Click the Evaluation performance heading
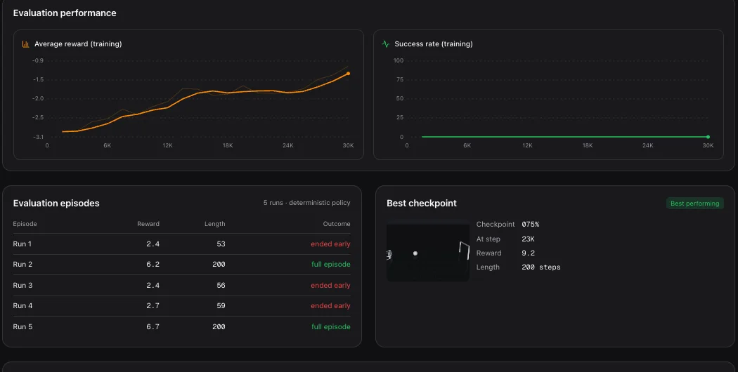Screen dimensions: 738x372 tap(65, 13)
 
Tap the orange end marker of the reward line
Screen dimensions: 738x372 tap(349, 74)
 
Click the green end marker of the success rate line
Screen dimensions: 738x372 tap(708, 137)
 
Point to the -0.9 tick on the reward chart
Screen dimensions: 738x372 tap(38, 60)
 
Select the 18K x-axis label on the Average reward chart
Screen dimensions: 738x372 tap(228, 146)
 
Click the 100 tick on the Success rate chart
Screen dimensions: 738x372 tap(399, 60)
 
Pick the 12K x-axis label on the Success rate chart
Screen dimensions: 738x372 tap(527, 146)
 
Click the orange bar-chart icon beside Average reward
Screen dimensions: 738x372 tap(25, 44)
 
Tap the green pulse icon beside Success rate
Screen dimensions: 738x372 tap(385, 44)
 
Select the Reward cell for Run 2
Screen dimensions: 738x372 tap(153, 265)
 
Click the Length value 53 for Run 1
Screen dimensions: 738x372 tap(221, 244)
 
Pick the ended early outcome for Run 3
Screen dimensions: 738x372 tap(330, 286)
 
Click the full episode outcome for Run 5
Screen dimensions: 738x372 tap(331, 327)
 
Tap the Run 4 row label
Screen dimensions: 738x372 tap(22, 306)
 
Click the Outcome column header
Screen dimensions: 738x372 tap(337, 224)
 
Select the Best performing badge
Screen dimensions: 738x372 tap(694, 204)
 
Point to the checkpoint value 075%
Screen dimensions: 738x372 tap(531, 225)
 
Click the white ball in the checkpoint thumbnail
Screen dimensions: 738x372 tap(415, 253)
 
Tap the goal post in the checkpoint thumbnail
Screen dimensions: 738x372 tap(464, 250)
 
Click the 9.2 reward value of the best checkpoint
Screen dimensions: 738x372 tap(528, 253)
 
